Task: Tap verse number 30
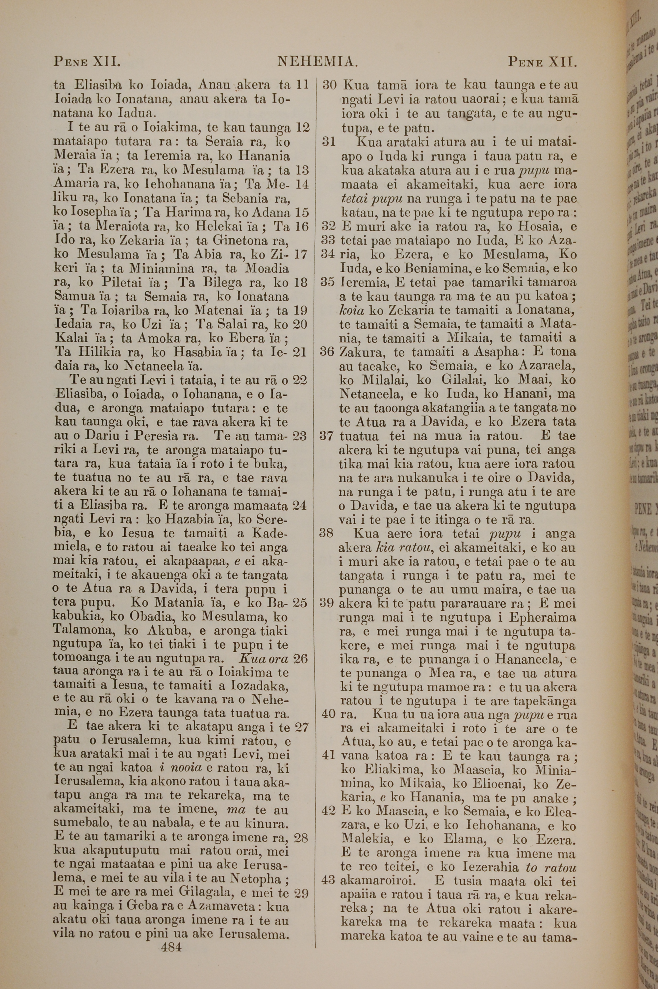pyautogui.click(x=329, y=85)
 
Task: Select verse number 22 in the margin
pyautogui.click(x=300, y=380)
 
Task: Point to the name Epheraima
pyautogui.click(x=542, y=618)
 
